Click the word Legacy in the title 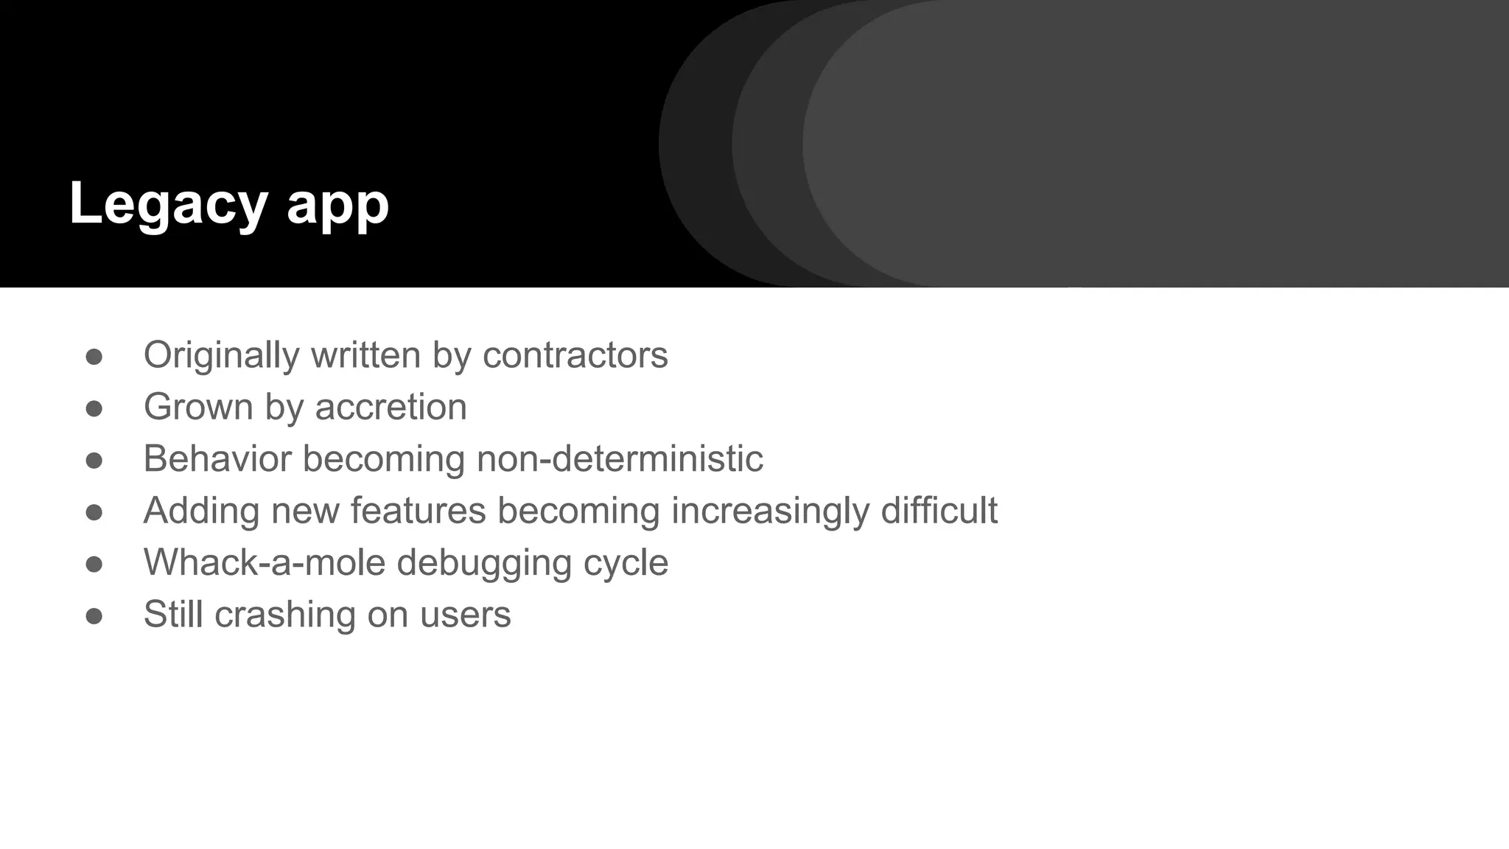click(x=167, y=205)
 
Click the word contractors click(x=575, y=355)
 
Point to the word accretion click(x=391, y=408)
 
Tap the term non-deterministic click(x=619, y=459)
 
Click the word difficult click(x=939, y=511)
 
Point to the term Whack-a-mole click(x=265, y=563)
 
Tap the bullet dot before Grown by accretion click(x=94, y=408)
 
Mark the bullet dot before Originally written click(x=94, y=357)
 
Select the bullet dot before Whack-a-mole click(x=94, y=564)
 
